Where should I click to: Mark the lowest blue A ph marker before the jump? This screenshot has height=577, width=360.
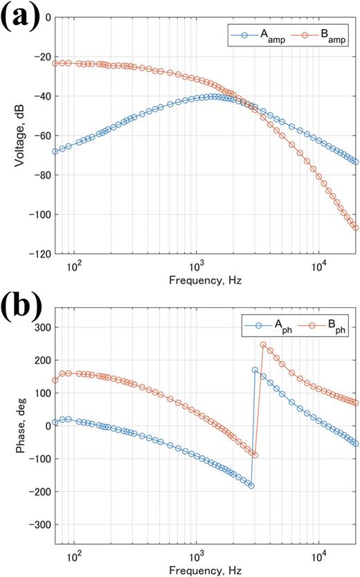click(251, 486)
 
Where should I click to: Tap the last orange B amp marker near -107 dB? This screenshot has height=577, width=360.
click(356, 228)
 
